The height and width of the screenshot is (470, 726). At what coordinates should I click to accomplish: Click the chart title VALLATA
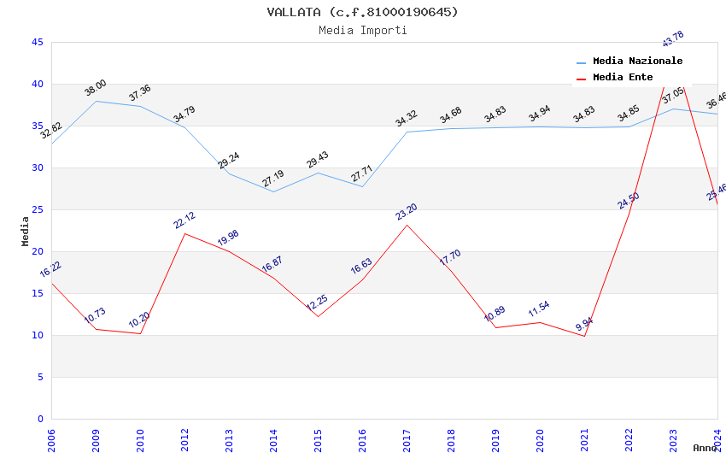coord(362,12)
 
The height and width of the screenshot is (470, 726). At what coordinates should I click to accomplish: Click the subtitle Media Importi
coord(362,30)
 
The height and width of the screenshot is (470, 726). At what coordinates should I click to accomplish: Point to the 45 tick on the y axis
coord(37,42)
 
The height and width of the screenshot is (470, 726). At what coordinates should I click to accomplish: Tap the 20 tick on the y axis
coord(37,251)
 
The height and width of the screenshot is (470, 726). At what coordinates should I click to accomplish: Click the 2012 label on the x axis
coord(184,443)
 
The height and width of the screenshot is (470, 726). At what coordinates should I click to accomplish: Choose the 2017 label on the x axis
coord(407,443)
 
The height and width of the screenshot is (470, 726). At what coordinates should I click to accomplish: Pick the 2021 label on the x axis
coord(584,443)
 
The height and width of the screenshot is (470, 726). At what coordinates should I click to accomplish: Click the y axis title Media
coord(25,231)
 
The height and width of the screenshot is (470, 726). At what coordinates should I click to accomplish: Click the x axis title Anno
coord(705,448)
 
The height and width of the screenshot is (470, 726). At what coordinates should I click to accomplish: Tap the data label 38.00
coord(95,87)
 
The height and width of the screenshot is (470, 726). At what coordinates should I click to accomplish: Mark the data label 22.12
coord(184,220)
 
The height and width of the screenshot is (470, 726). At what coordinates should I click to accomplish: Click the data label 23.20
coord(407,211)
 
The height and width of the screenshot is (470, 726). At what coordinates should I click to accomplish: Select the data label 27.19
coord(273,179)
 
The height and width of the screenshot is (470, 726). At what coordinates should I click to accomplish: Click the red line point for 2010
coord(140,333)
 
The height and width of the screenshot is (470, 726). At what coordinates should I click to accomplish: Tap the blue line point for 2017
coord(407,132)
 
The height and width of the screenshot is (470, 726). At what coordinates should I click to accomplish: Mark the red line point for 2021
coord(584,336)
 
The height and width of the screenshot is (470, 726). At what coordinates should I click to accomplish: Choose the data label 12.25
coord(317,303)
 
